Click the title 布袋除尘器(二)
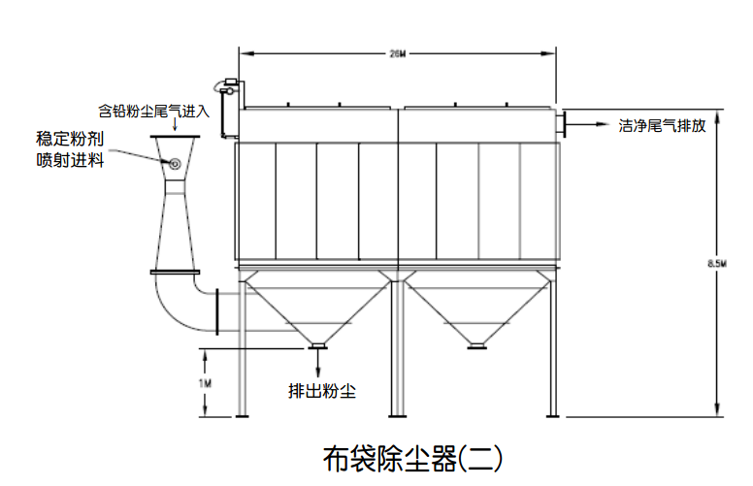pyautogui.click(x=411, y=456)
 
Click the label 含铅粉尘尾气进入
pyautogui.click(x=154, y=111)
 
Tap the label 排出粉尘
pyautogui.click(x=322, y=392)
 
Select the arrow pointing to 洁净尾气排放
pyautogui.click(x=590, y=124)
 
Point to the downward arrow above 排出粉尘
pyautogui.click(x=317, y=363)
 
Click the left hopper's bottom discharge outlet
pyautogui.click(x=317, y=343)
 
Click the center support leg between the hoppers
pyautogui.click(x=397, y=349)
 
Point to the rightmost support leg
pyautogui.click(x=553, y=349)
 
